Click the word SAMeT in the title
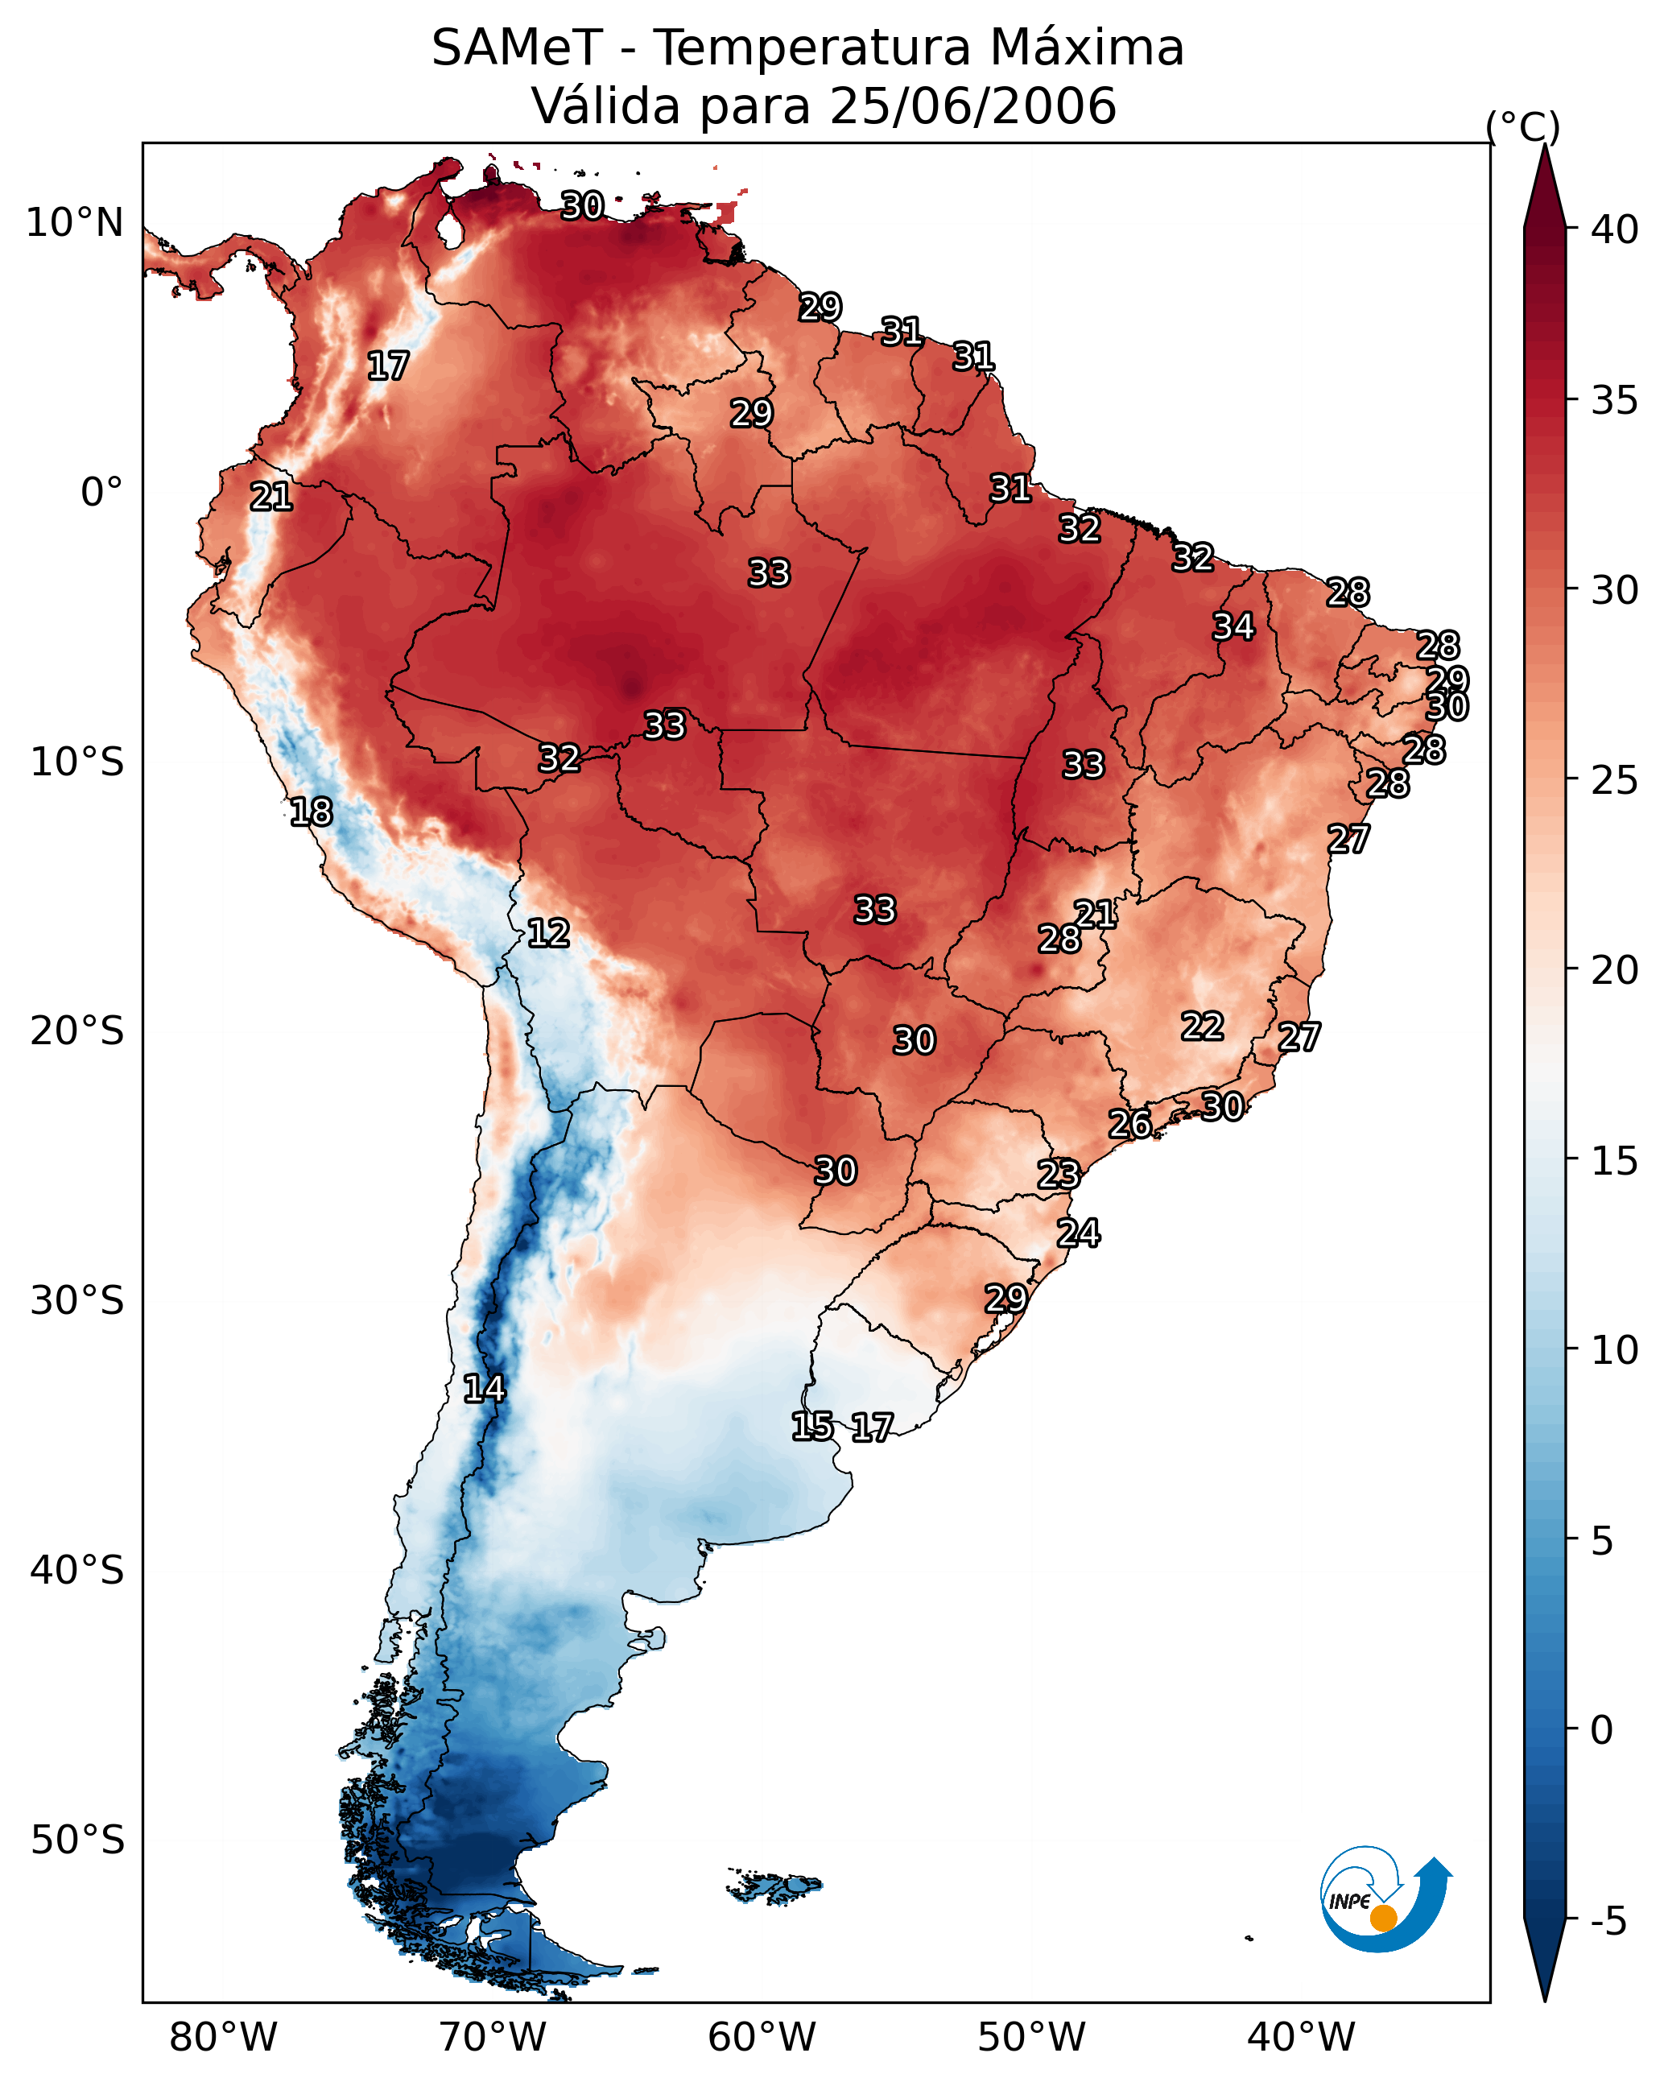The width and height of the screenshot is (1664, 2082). click(517, 48)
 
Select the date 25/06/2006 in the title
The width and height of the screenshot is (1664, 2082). click(972, 106)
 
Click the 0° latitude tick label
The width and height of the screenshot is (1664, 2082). click(102, 493)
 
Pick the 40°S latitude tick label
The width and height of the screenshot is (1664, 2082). click(77, 1570)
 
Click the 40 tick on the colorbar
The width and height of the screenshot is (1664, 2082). click(1615, 229)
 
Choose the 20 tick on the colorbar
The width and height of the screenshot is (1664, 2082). click(1615, 969)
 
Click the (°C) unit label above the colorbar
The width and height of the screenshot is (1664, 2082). click(1523, 126)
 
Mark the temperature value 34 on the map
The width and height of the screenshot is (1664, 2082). click(1233, 626)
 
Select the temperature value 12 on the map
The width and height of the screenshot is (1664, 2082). click(548, 933)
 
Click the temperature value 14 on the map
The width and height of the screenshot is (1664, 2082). click(484, 1389)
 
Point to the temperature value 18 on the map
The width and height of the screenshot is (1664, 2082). click(311, 812)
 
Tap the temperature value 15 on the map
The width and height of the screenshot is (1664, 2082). click(812, 1425)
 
